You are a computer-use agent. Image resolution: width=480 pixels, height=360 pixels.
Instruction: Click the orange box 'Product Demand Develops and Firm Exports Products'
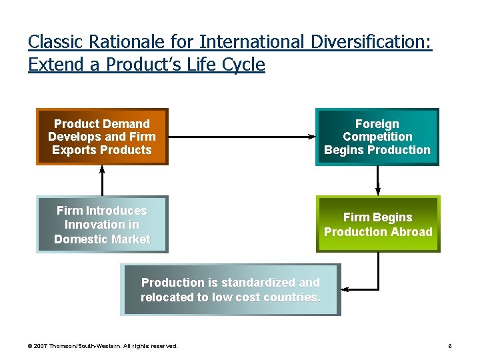click(102, 137)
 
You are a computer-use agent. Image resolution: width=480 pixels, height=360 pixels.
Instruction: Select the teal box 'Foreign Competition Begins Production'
click(377, 137)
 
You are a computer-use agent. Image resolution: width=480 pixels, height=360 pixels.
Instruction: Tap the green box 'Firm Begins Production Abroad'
click(377, 224)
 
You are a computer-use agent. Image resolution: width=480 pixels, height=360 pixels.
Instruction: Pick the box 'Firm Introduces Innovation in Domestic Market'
click(102, 225)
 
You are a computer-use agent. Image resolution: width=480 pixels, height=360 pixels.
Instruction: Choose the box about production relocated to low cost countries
click(230, 290)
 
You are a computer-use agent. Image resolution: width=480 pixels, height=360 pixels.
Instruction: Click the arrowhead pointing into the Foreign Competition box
click(313, 137)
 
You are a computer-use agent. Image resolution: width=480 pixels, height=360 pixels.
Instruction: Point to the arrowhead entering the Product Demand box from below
click(102, 169)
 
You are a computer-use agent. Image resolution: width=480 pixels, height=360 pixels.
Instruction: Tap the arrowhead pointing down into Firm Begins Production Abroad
click(378, 191)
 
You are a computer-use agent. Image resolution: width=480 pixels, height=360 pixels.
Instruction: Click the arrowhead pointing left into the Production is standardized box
click(345, 290)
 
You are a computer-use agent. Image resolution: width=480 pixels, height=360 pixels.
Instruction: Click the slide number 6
click(450, 346)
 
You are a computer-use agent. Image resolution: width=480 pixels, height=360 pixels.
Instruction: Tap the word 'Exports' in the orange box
click(73, 150)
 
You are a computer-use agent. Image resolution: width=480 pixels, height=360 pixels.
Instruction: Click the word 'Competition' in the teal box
click(377, 137)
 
